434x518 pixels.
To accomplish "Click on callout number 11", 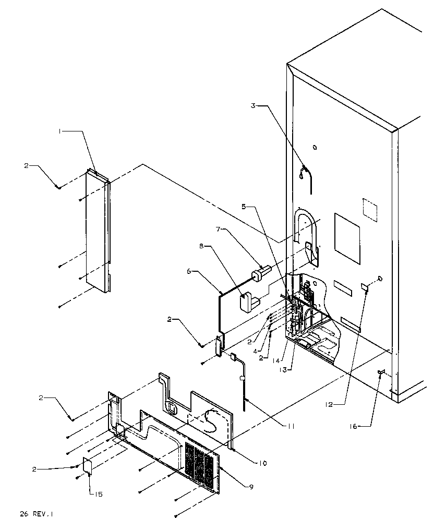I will (291, 426).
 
